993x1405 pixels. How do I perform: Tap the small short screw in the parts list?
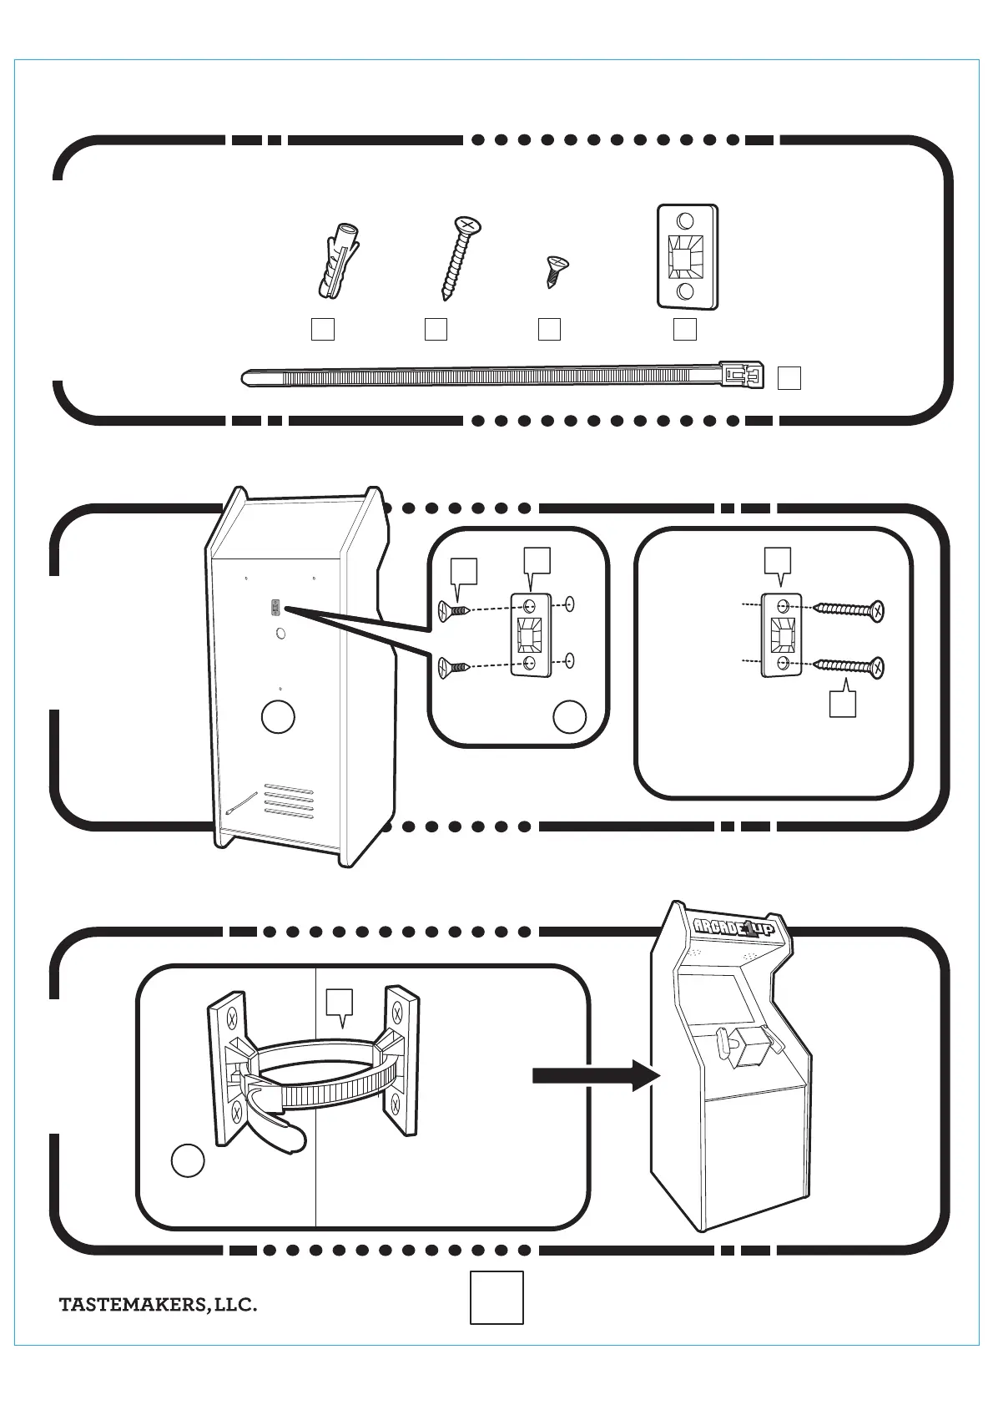pyautogui.click(x=552, y=271)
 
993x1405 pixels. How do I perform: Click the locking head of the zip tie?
pyautogui.click(x=741, y=375)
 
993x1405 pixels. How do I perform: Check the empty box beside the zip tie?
pyautogui.click(x=789, y=378)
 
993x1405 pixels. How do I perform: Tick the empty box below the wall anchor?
pyautogui.click(x=323, y=329)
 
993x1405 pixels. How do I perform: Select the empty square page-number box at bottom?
pyautogui.click(x=496, y=1296)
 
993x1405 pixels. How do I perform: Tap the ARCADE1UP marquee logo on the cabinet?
pyautogui.click(x=734, y=927)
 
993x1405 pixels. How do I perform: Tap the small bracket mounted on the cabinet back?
pyautogui.click(x=274, y=609)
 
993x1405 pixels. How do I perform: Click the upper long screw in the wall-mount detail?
pyautogui.click(x=847, y=610)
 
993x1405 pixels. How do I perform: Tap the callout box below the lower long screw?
pyautogui.click(x=842, y=704)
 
